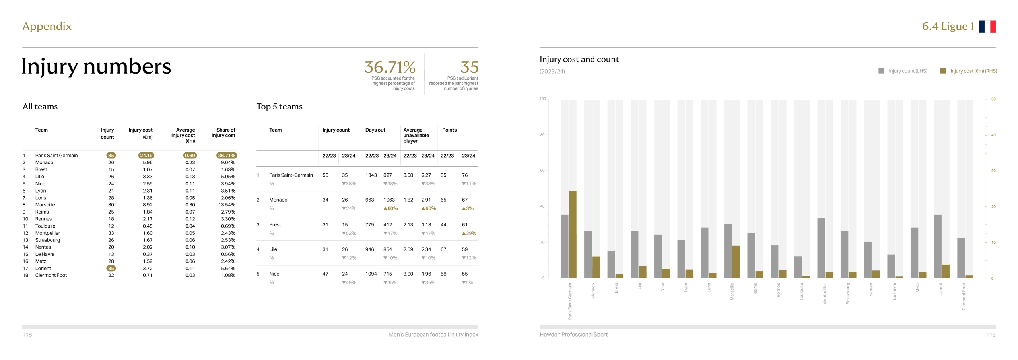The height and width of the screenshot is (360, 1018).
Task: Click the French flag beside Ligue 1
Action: point(987,26)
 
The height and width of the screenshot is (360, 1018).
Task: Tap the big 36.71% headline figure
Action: point(390,67)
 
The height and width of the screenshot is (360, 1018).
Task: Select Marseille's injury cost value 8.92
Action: point(147,205)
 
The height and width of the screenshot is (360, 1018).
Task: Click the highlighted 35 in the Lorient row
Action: point(111,269)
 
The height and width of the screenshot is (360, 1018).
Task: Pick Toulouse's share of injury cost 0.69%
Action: point(228,226)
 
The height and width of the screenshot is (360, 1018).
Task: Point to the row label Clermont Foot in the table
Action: point(51,275)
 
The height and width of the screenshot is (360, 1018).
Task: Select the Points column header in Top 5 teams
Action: point(449,130)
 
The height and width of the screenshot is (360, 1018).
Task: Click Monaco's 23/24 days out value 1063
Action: point(389,200)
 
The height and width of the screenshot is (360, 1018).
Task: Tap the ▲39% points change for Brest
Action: point(469,233)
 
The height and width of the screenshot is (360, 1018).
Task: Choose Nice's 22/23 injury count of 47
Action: point(325,274)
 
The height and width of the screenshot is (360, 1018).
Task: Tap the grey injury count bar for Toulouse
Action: point(798,267)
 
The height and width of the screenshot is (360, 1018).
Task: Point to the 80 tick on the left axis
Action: point(542,135)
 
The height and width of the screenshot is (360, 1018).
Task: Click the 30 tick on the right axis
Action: point(993,171)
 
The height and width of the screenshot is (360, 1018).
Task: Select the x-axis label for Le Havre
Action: point(894,291)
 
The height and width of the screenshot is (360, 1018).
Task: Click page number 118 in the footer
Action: point(27,335)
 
